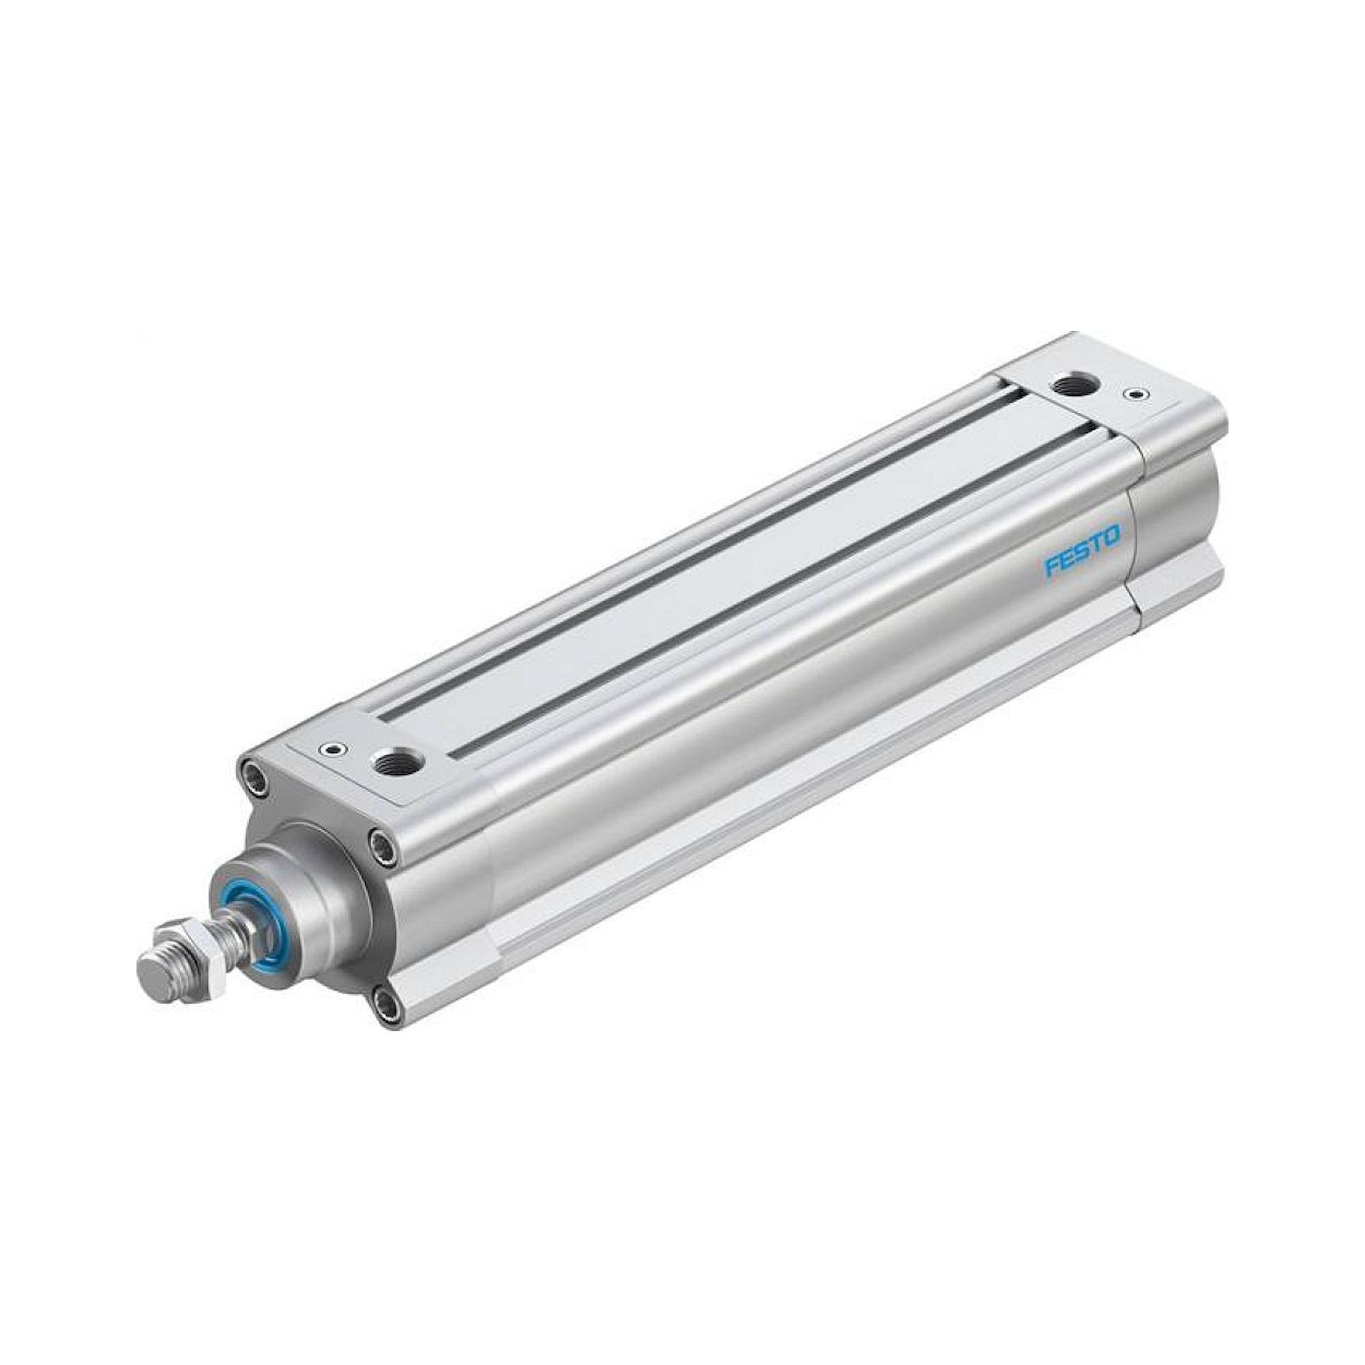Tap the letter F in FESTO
1050,566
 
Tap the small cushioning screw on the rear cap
1136,394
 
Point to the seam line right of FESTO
1132,551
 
